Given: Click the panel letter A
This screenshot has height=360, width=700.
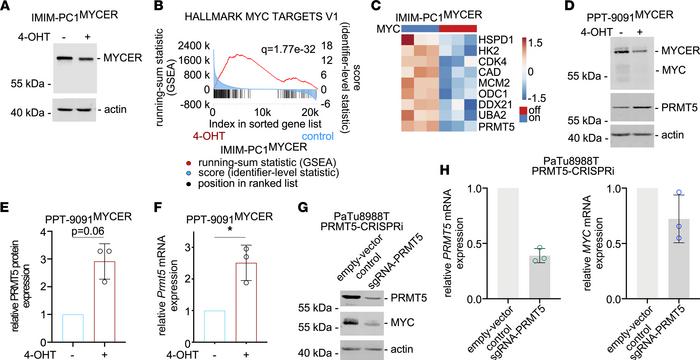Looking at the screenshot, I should [7, 8].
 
